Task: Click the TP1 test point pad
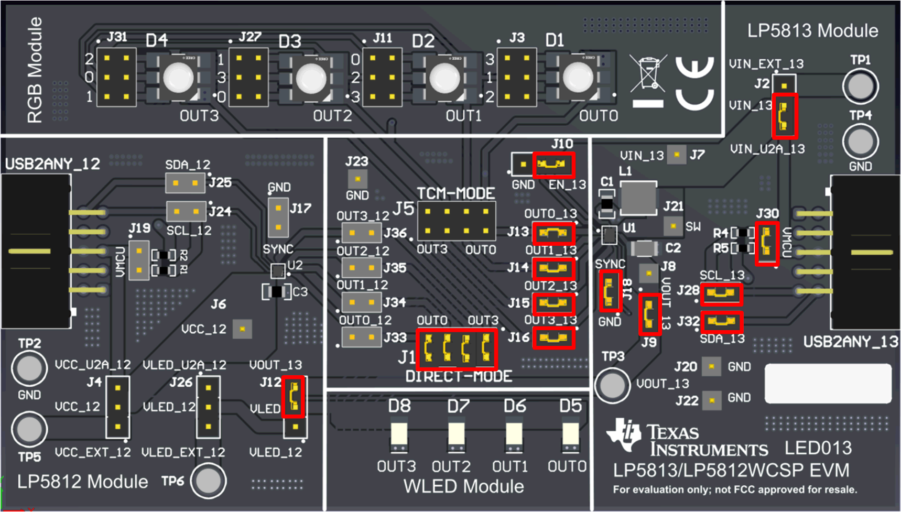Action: point(860,86)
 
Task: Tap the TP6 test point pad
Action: point(208,481)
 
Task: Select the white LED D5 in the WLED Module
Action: point(570,434)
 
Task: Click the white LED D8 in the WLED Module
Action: point(399,434)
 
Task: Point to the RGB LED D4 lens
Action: point(178,78)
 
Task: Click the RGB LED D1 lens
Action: point(578,78)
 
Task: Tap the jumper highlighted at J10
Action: point(553,165)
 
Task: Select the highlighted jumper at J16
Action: point(553,338)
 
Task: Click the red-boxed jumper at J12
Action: point(294,397)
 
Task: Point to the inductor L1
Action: point(638,198)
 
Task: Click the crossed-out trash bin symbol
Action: point(648,74)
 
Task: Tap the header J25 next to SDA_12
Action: point(186,183)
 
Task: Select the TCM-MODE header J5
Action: point(457,221)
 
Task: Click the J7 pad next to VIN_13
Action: point(677,155)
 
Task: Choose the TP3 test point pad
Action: point(612,385)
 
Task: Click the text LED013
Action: point(818,448)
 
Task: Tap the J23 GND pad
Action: point(357,179)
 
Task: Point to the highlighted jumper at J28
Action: point(721,294)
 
